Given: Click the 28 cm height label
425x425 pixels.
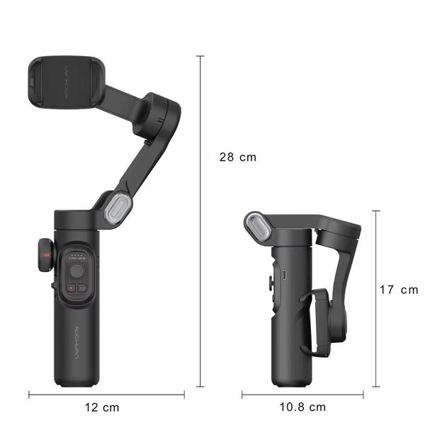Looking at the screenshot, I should pyautogui.click(x=237, y=157).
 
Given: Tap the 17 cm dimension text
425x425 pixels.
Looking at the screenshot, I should pyautogui.click(x=398, y=290).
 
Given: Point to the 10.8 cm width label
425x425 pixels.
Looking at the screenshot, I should pyautogui.click(x=302, y=407).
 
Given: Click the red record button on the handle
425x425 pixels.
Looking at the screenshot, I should pyautogui.click(x=71, y=288).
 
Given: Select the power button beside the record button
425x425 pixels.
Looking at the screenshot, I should pyautogui.click(x=82, y=288).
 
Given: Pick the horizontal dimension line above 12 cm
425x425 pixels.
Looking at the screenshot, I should pyautogui.click(x=106, y=394).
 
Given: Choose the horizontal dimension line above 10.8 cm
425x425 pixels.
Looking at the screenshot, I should pyautogui.click(x=302, y=394).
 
